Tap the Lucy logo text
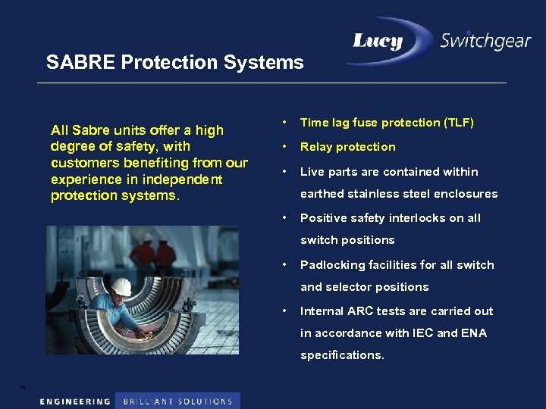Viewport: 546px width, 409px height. click(x=377, y=42)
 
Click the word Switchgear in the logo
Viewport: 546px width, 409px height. click(x=485, y=40)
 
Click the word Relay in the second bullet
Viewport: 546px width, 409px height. click(x=316, y=147)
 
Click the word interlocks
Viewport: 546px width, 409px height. click(x=414, y=218)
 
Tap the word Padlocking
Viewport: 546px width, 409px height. click(x=332, y=265)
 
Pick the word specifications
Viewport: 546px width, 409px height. click(x=342, y=355)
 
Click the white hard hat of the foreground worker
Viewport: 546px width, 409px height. click(x=121, y=286)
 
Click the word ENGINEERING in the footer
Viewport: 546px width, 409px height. click(x=75, y=401)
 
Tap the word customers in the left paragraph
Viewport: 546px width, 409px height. click(x=84, y=163)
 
